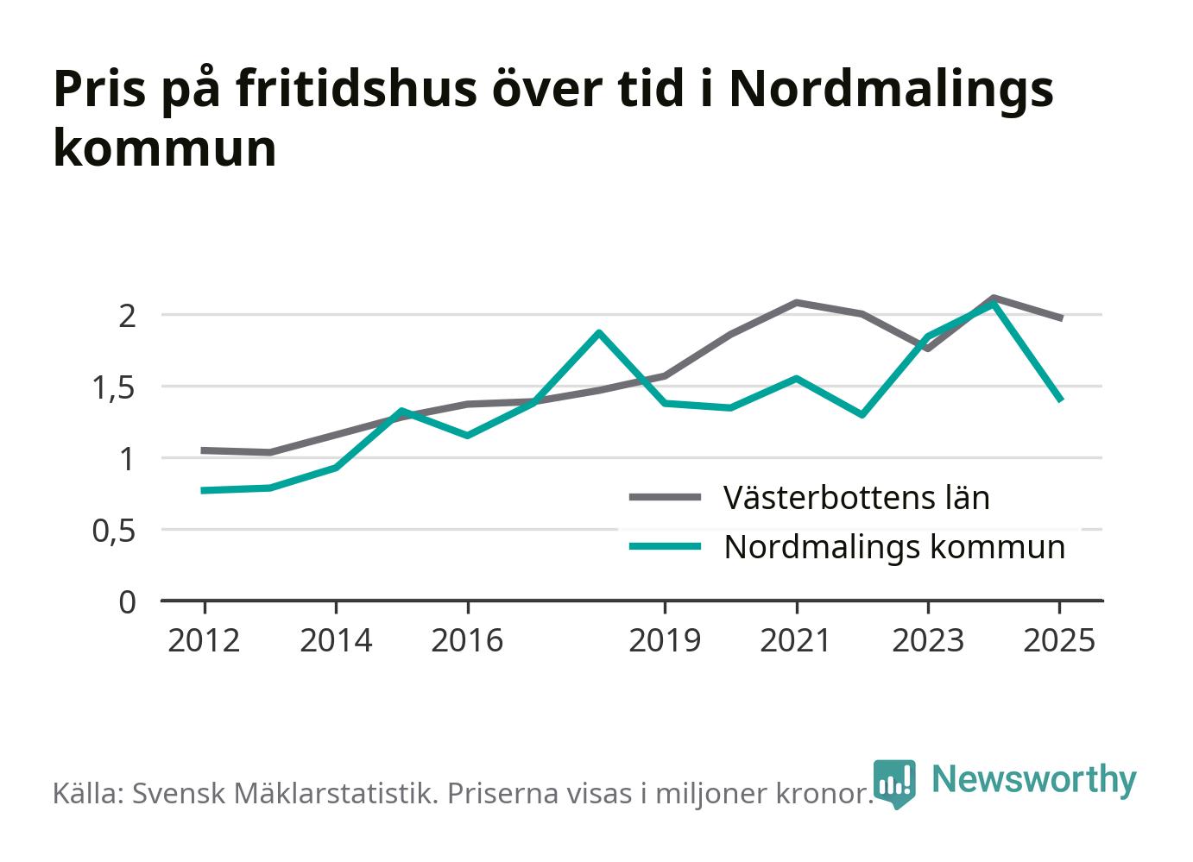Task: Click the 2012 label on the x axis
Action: [x=204, y=640]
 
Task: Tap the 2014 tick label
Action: [x=336, y=640]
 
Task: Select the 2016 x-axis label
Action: [x=467, y=640]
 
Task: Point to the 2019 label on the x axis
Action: [x=665, y=640]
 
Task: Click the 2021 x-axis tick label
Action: [x=796, y=640]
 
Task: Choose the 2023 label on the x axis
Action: [x=928, y=640]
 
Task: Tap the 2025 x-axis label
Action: [x=1059, y=640]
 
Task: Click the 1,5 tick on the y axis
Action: [x=114, y=387]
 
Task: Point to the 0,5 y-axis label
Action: [x=114, y=531]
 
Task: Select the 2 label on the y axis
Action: [x=128, y=317]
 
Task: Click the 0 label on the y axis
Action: [x=127, y=602]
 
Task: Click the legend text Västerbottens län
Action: [x=856, y=498]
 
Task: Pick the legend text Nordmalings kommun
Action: [x=894, y=547]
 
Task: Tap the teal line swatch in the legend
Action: [x=665, y=545]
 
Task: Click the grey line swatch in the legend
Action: [x=665, y=497]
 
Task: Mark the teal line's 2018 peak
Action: [x=599, y=333]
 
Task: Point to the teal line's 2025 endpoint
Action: [x=1060, y=400]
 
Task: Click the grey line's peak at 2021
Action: [x=796, y=302]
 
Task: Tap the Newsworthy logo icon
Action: [x=894, y=783]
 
